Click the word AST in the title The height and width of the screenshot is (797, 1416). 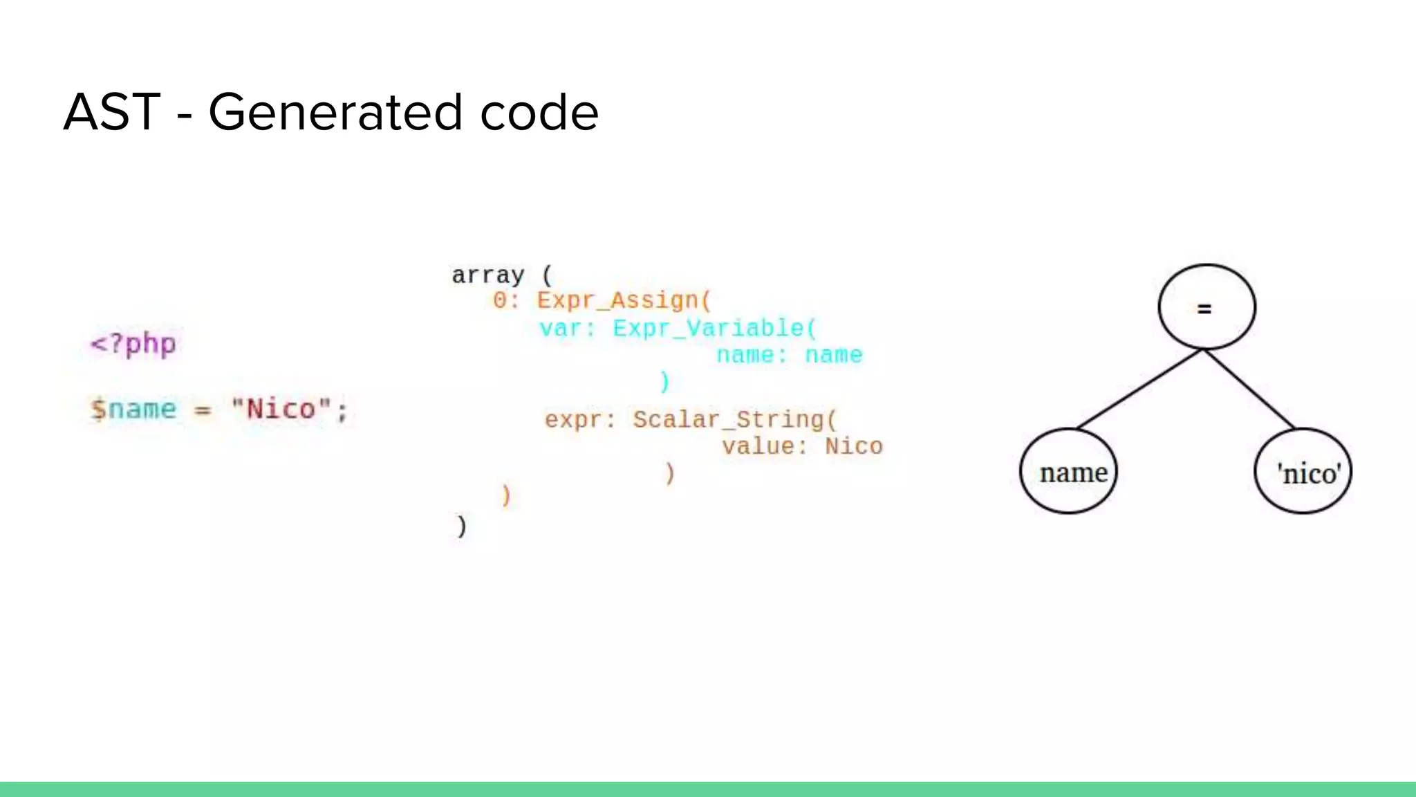(112, 112)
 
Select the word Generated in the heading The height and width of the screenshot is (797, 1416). (335, 113)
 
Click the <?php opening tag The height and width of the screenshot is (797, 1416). (133, 344)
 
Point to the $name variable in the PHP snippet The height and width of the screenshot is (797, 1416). (133, 409)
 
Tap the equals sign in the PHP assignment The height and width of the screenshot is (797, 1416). (202, 410)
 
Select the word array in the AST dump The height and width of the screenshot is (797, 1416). (488, 275)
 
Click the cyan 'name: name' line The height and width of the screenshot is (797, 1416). (790, 355)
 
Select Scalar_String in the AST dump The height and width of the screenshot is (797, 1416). (735, 419)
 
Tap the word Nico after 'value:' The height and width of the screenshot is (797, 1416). (854, 446)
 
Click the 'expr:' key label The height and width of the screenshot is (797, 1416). (579, 419)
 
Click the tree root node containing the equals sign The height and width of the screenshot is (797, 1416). (1207, 307)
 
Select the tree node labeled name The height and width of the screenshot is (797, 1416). (1069, 471)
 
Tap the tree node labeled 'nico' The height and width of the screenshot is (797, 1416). (1303, 471)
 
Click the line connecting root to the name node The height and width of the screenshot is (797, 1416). (1139, 389)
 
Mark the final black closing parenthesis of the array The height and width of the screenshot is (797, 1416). (461, 526)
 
